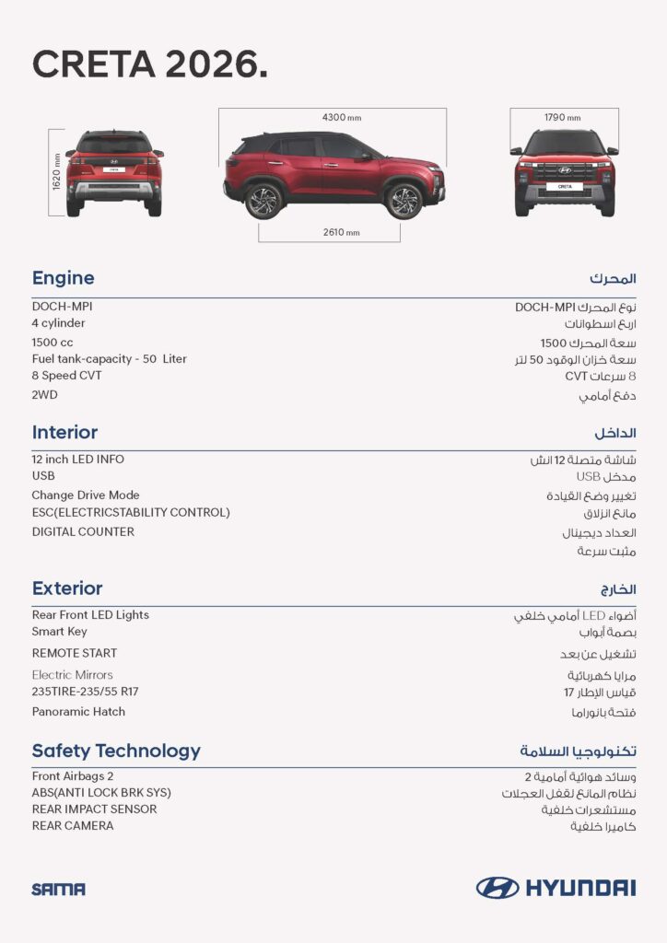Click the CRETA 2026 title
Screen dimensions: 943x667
pyautogui.click(x=150, y=64)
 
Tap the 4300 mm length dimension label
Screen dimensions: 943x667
pyautogui.click(x=341, y=118)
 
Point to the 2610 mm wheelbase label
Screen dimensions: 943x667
pyautogui.click(x=341, y=232)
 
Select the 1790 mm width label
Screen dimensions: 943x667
pyautogui.click(x=562, y=118)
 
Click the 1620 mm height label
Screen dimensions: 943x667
pyautogui.click(x=57, y=172)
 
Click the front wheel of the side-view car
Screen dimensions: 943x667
pyautogui.click(x=403, y=201)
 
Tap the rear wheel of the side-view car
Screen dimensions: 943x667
pyautogui.click(x=263, y=201)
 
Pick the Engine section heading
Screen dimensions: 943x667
pyautogui.click(x=63, y=278)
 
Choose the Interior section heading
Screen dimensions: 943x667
pyautogui.click(x=64, y=433)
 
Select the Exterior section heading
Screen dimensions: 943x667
pyautogui.click(x=67, y=588)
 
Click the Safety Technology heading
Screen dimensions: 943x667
pyautogui.click(x=116, y=751)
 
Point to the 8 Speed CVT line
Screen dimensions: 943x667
pyautogui.click(x=67, y=376)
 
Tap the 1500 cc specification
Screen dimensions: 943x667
pyautogui.click(x=53, y=342)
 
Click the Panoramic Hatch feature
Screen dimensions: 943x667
pyautogui.click(x=78, y=712)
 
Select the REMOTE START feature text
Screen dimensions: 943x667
pyautogui.click(x=75, y=653)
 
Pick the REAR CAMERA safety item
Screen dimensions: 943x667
pyautogui.click(x=73, y=826)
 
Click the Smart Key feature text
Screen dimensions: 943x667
pyautogui.click(x=60, y=632)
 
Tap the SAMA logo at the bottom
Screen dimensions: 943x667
pyautogui.click(x=58, y=890)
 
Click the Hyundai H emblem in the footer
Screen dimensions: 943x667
pyautogui.click(x=497, y=888)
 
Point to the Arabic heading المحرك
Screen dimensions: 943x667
pyautogui.click(x=613, y=278)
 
